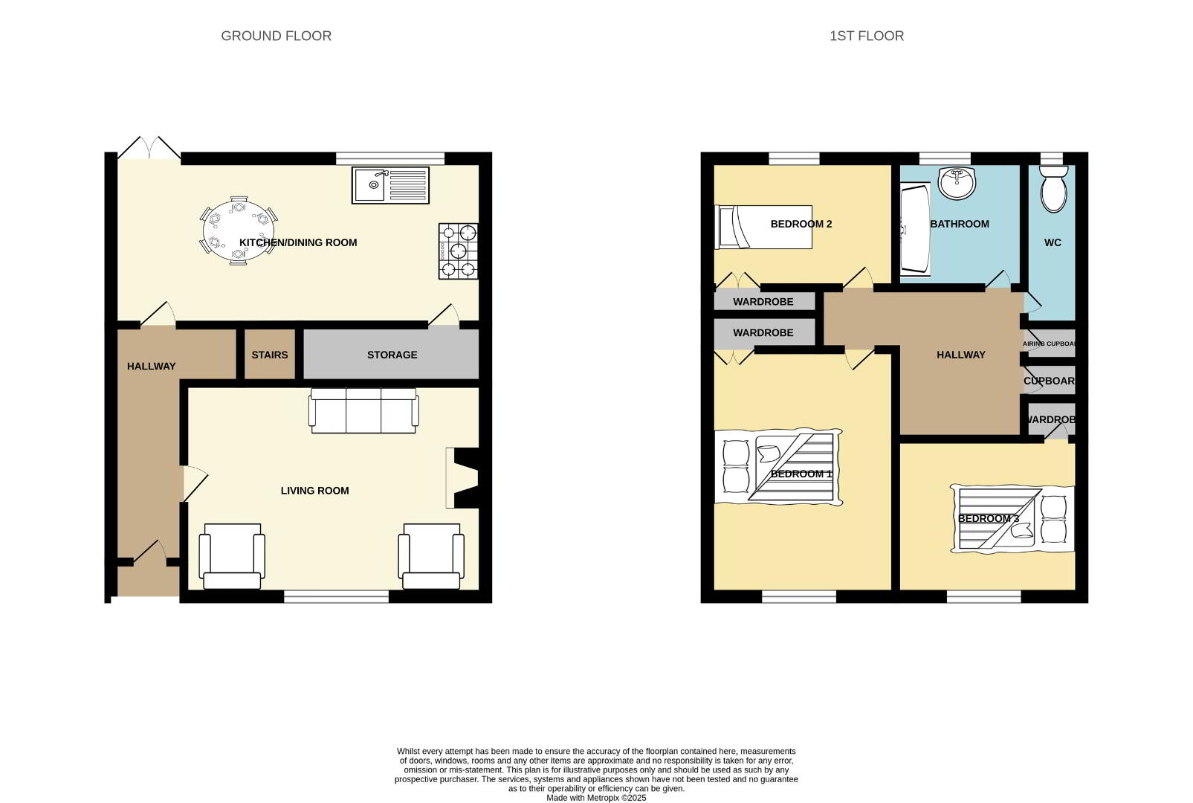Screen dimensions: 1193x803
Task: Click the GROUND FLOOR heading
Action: coord(276,36)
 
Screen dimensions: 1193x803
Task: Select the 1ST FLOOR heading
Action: coord(867,36)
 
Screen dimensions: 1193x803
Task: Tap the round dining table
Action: coord(239,230)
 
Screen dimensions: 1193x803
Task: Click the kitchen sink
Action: coord(390,185)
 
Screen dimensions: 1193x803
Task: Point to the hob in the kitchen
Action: coord(458,251)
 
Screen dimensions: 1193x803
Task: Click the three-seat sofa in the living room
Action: coord(363,410)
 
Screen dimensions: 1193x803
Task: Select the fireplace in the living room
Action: coord(462,478)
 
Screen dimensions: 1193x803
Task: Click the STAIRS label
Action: coord(270,355)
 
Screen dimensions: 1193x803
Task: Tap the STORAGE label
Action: coord(392,355)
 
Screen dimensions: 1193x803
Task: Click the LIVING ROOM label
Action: coord(314,491)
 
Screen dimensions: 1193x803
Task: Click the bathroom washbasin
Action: coord(957,183)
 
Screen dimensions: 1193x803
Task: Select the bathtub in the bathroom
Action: coord(915,230)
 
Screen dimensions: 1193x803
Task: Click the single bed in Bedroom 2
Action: coord(763,227)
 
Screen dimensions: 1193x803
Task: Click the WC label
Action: coord(1053,243)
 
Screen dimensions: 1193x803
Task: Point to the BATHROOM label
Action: coord(960,225)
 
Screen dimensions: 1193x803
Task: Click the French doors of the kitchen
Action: coord(149,148)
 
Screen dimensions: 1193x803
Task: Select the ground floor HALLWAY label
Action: coord(151,367)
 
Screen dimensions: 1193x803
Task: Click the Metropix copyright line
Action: coord(596,798)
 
